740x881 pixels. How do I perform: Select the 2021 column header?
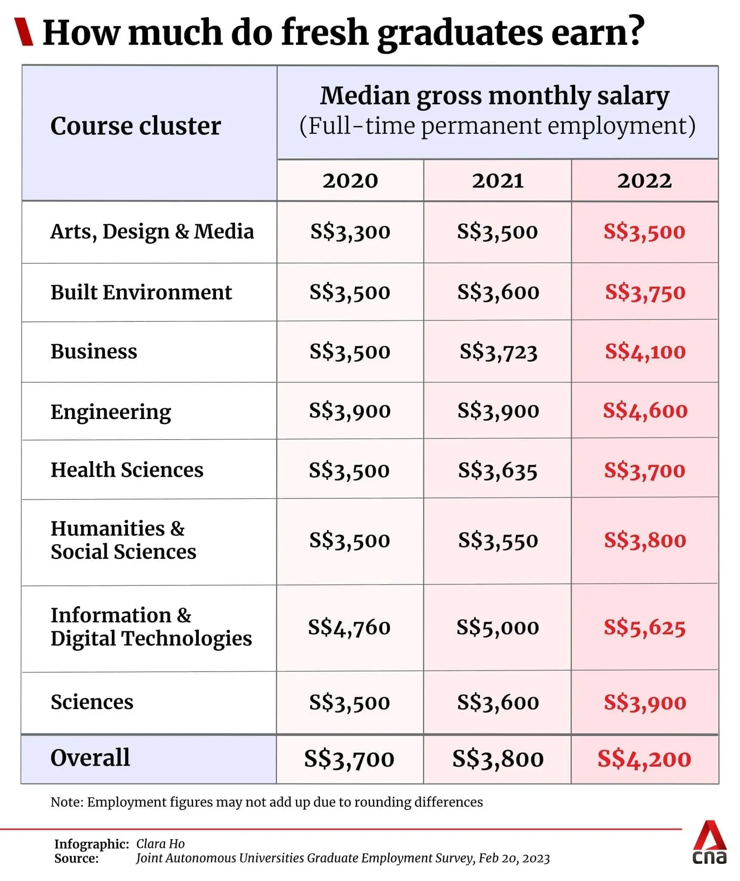pos(498,181)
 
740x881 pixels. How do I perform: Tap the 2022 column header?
pos(644,181)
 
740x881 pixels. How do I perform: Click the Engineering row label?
pos(111,412)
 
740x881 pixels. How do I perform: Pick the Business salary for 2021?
pos(498,352)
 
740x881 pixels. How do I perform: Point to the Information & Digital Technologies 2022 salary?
pos(644,628)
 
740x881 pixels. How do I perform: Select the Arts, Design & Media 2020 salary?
pos(350,232)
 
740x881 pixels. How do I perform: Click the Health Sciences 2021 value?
pos(498,470)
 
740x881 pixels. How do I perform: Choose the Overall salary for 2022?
pos(644,759)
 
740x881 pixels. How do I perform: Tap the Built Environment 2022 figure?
pos(645,293)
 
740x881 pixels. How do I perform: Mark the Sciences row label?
pos(92,702)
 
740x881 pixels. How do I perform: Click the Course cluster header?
pos(136,126)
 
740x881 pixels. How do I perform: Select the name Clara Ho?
pos(160,844)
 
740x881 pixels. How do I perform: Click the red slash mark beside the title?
pos(24,31)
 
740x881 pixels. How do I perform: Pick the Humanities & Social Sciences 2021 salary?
pos(498,540)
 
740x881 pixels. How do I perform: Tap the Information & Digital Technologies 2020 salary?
pos(349,628)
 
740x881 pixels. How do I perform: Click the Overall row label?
pos(90,758)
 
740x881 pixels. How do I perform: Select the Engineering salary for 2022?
pos(645,411)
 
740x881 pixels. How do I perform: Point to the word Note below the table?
pos(66,802)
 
